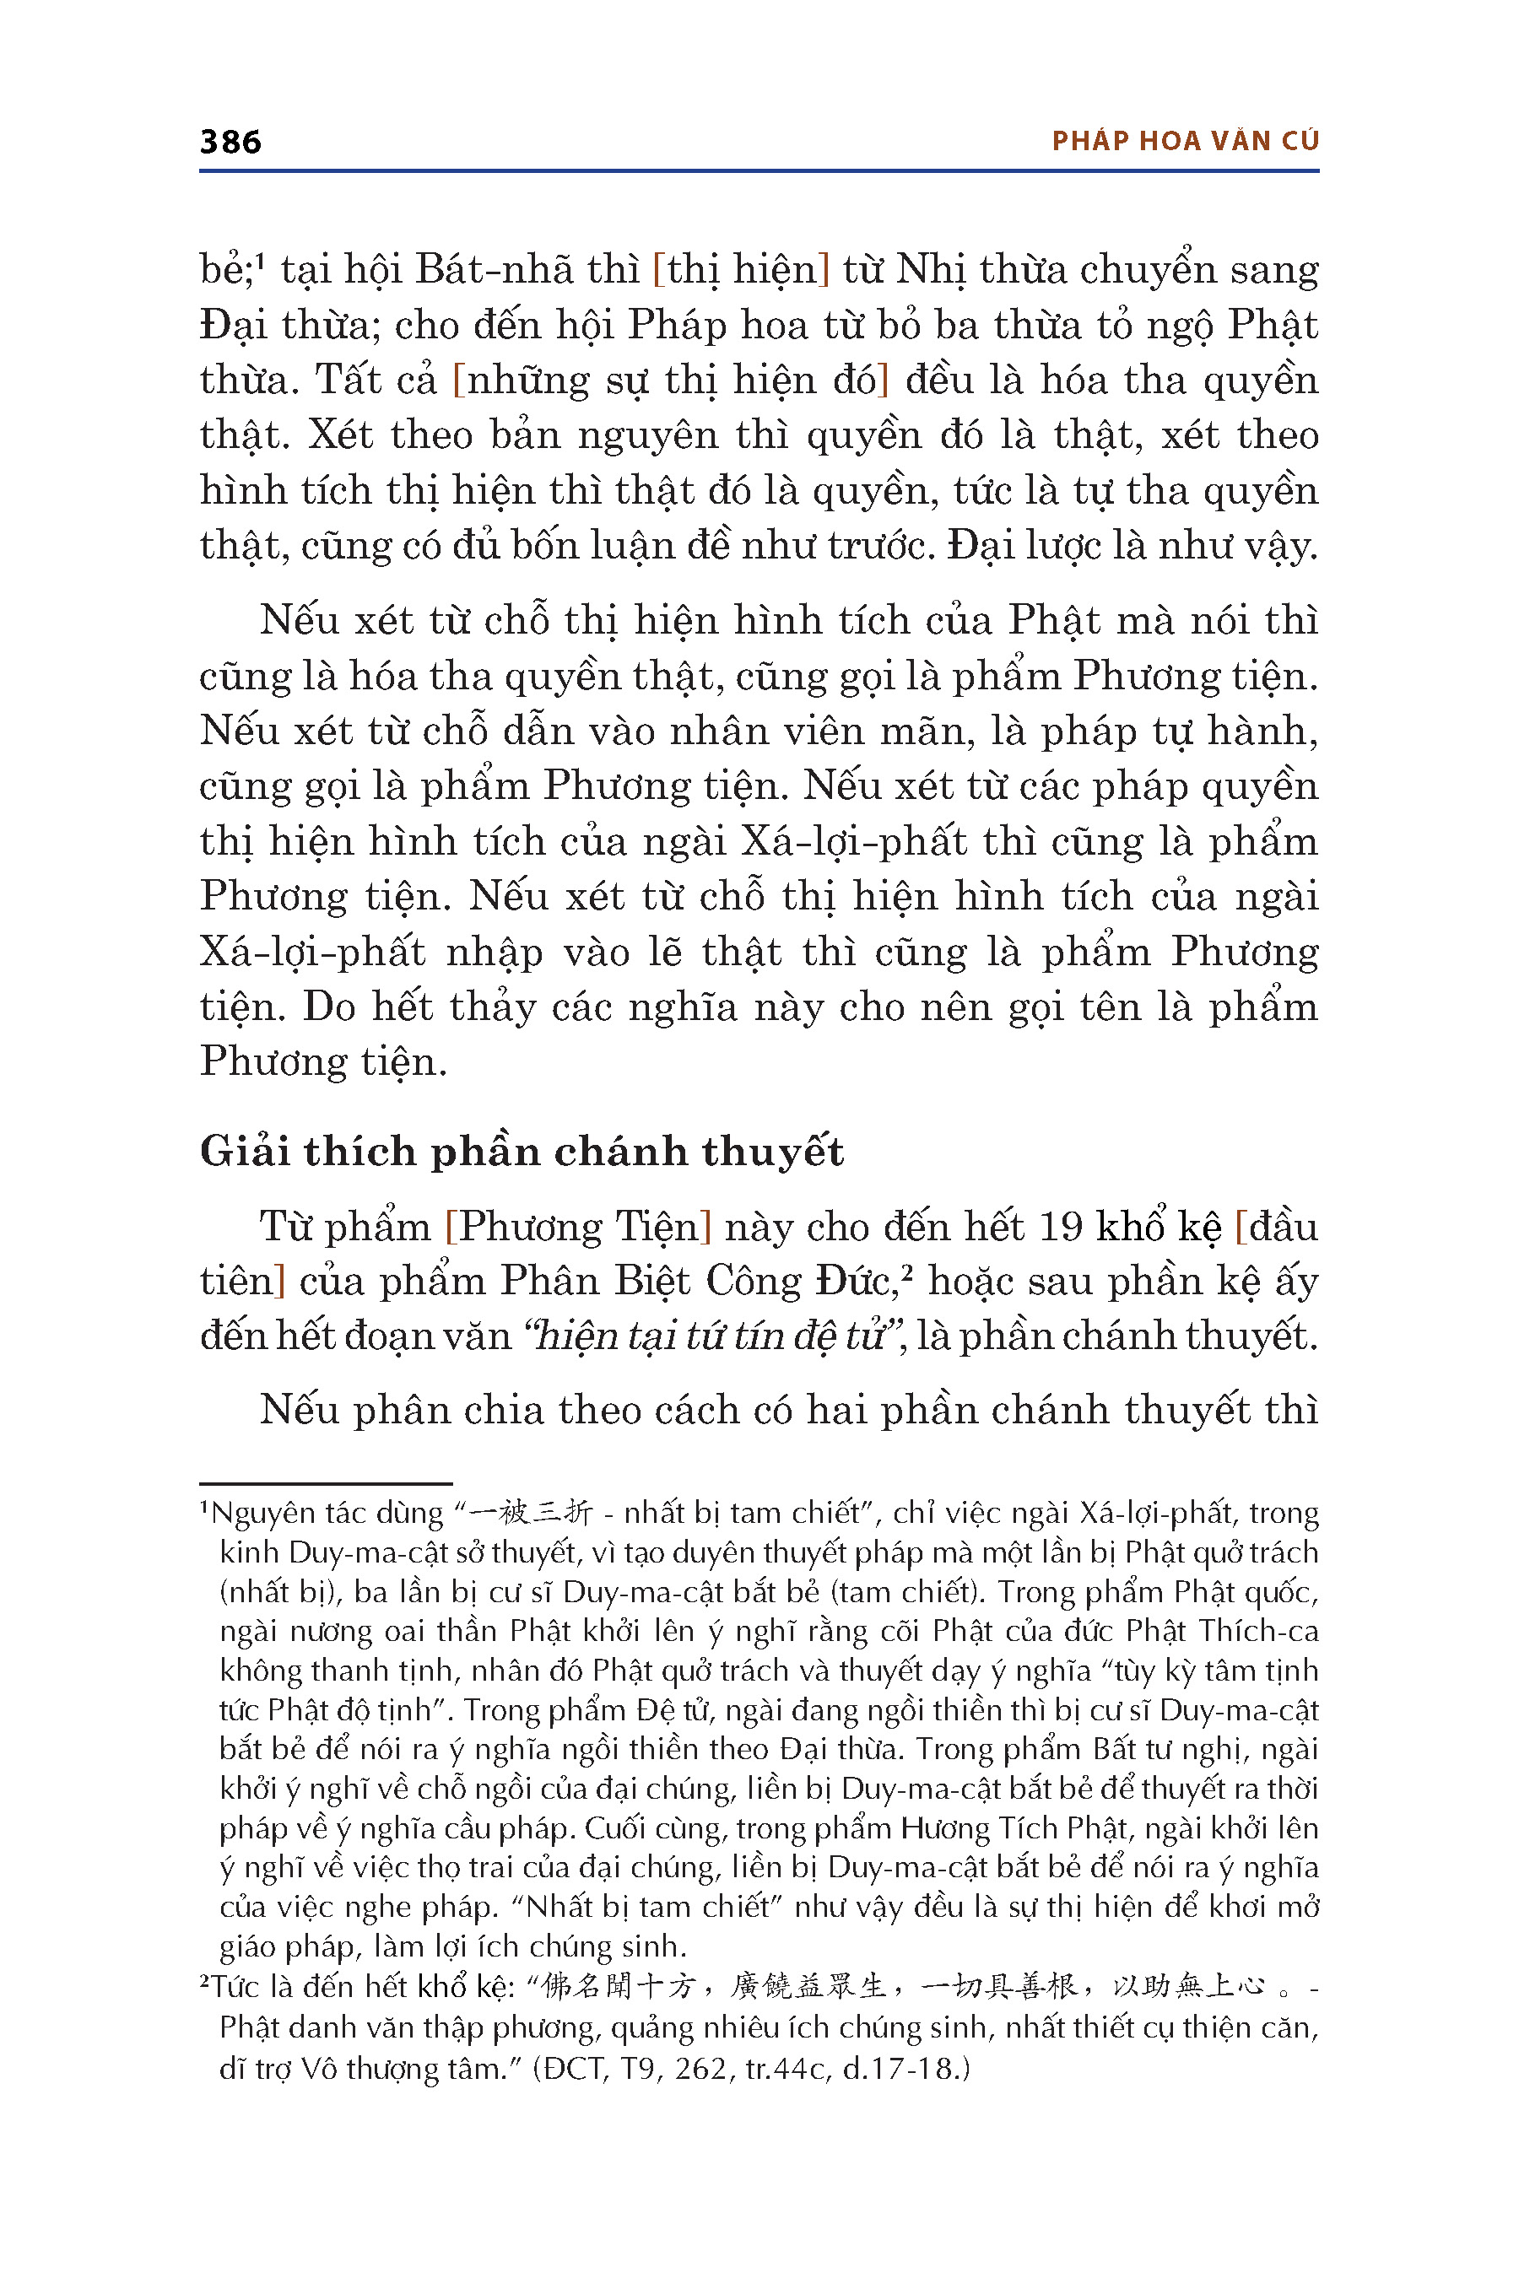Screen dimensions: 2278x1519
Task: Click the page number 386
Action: click(230, 143)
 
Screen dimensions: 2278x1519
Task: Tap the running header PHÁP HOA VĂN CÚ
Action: click(1185, 142)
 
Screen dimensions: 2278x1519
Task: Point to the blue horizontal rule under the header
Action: click(759, 171)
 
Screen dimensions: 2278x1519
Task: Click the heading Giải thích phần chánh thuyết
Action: click(522, 1152)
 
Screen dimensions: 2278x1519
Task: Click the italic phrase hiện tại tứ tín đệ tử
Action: click(710, 1336)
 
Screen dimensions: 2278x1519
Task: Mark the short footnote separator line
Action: click(326, 1483)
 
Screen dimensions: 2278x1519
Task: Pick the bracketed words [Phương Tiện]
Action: click(578, 1227)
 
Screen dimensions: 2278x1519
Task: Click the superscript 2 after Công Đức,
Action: click(906, 1271)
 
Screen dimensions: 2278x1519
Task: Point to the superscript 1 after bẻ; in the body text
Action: click(261, 260)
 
